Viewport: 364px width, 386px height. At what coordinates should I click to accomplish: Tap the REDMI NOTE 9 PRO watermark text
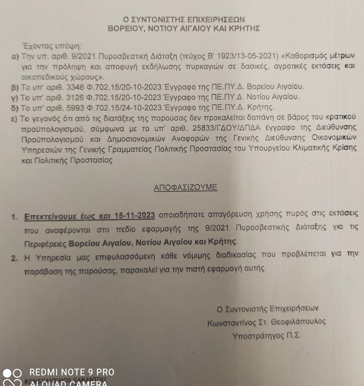pyautogui.click(x=72, y=372)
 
